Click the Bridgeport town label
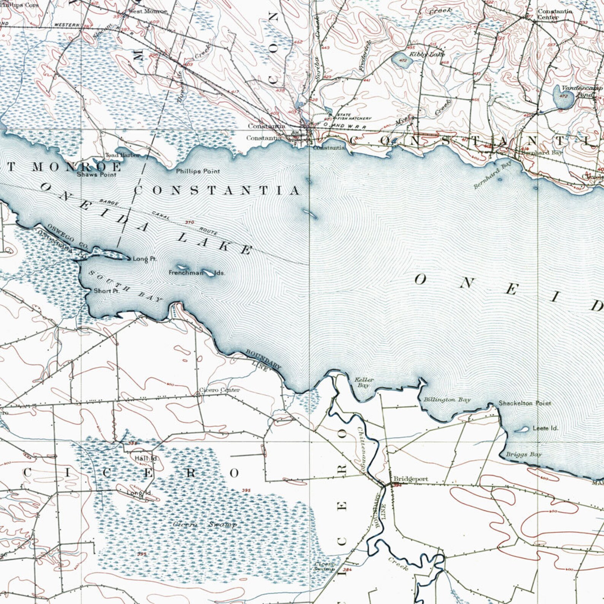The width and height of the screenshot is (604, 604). tap(410, 479)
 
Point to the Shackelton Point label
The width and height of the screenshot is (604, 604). tap(525, 403)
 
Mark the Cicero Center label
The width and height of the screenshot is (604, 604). tap(219, 390)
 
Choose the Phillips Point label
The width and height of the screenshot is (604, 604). tap(198, 172)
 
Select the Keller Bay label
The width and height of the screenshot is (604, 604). tap(364, 382)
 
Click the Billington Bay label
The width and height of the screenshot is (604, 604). tap(447, 400)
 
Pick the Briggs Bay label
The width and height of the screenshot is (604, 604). tap(523, 455)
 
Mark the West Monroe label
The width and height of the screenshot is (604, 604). tap(147, 11)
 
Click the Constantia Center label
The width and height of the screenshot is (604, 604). tap(554, 14)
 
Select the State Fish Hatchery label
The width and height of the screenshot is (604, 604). tap(353, 117)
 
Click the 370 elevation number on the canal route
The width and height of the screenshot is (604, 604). tap(189, 223)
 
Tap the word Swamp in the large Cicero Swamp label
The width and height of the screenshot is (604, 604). tap(223, 525)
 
